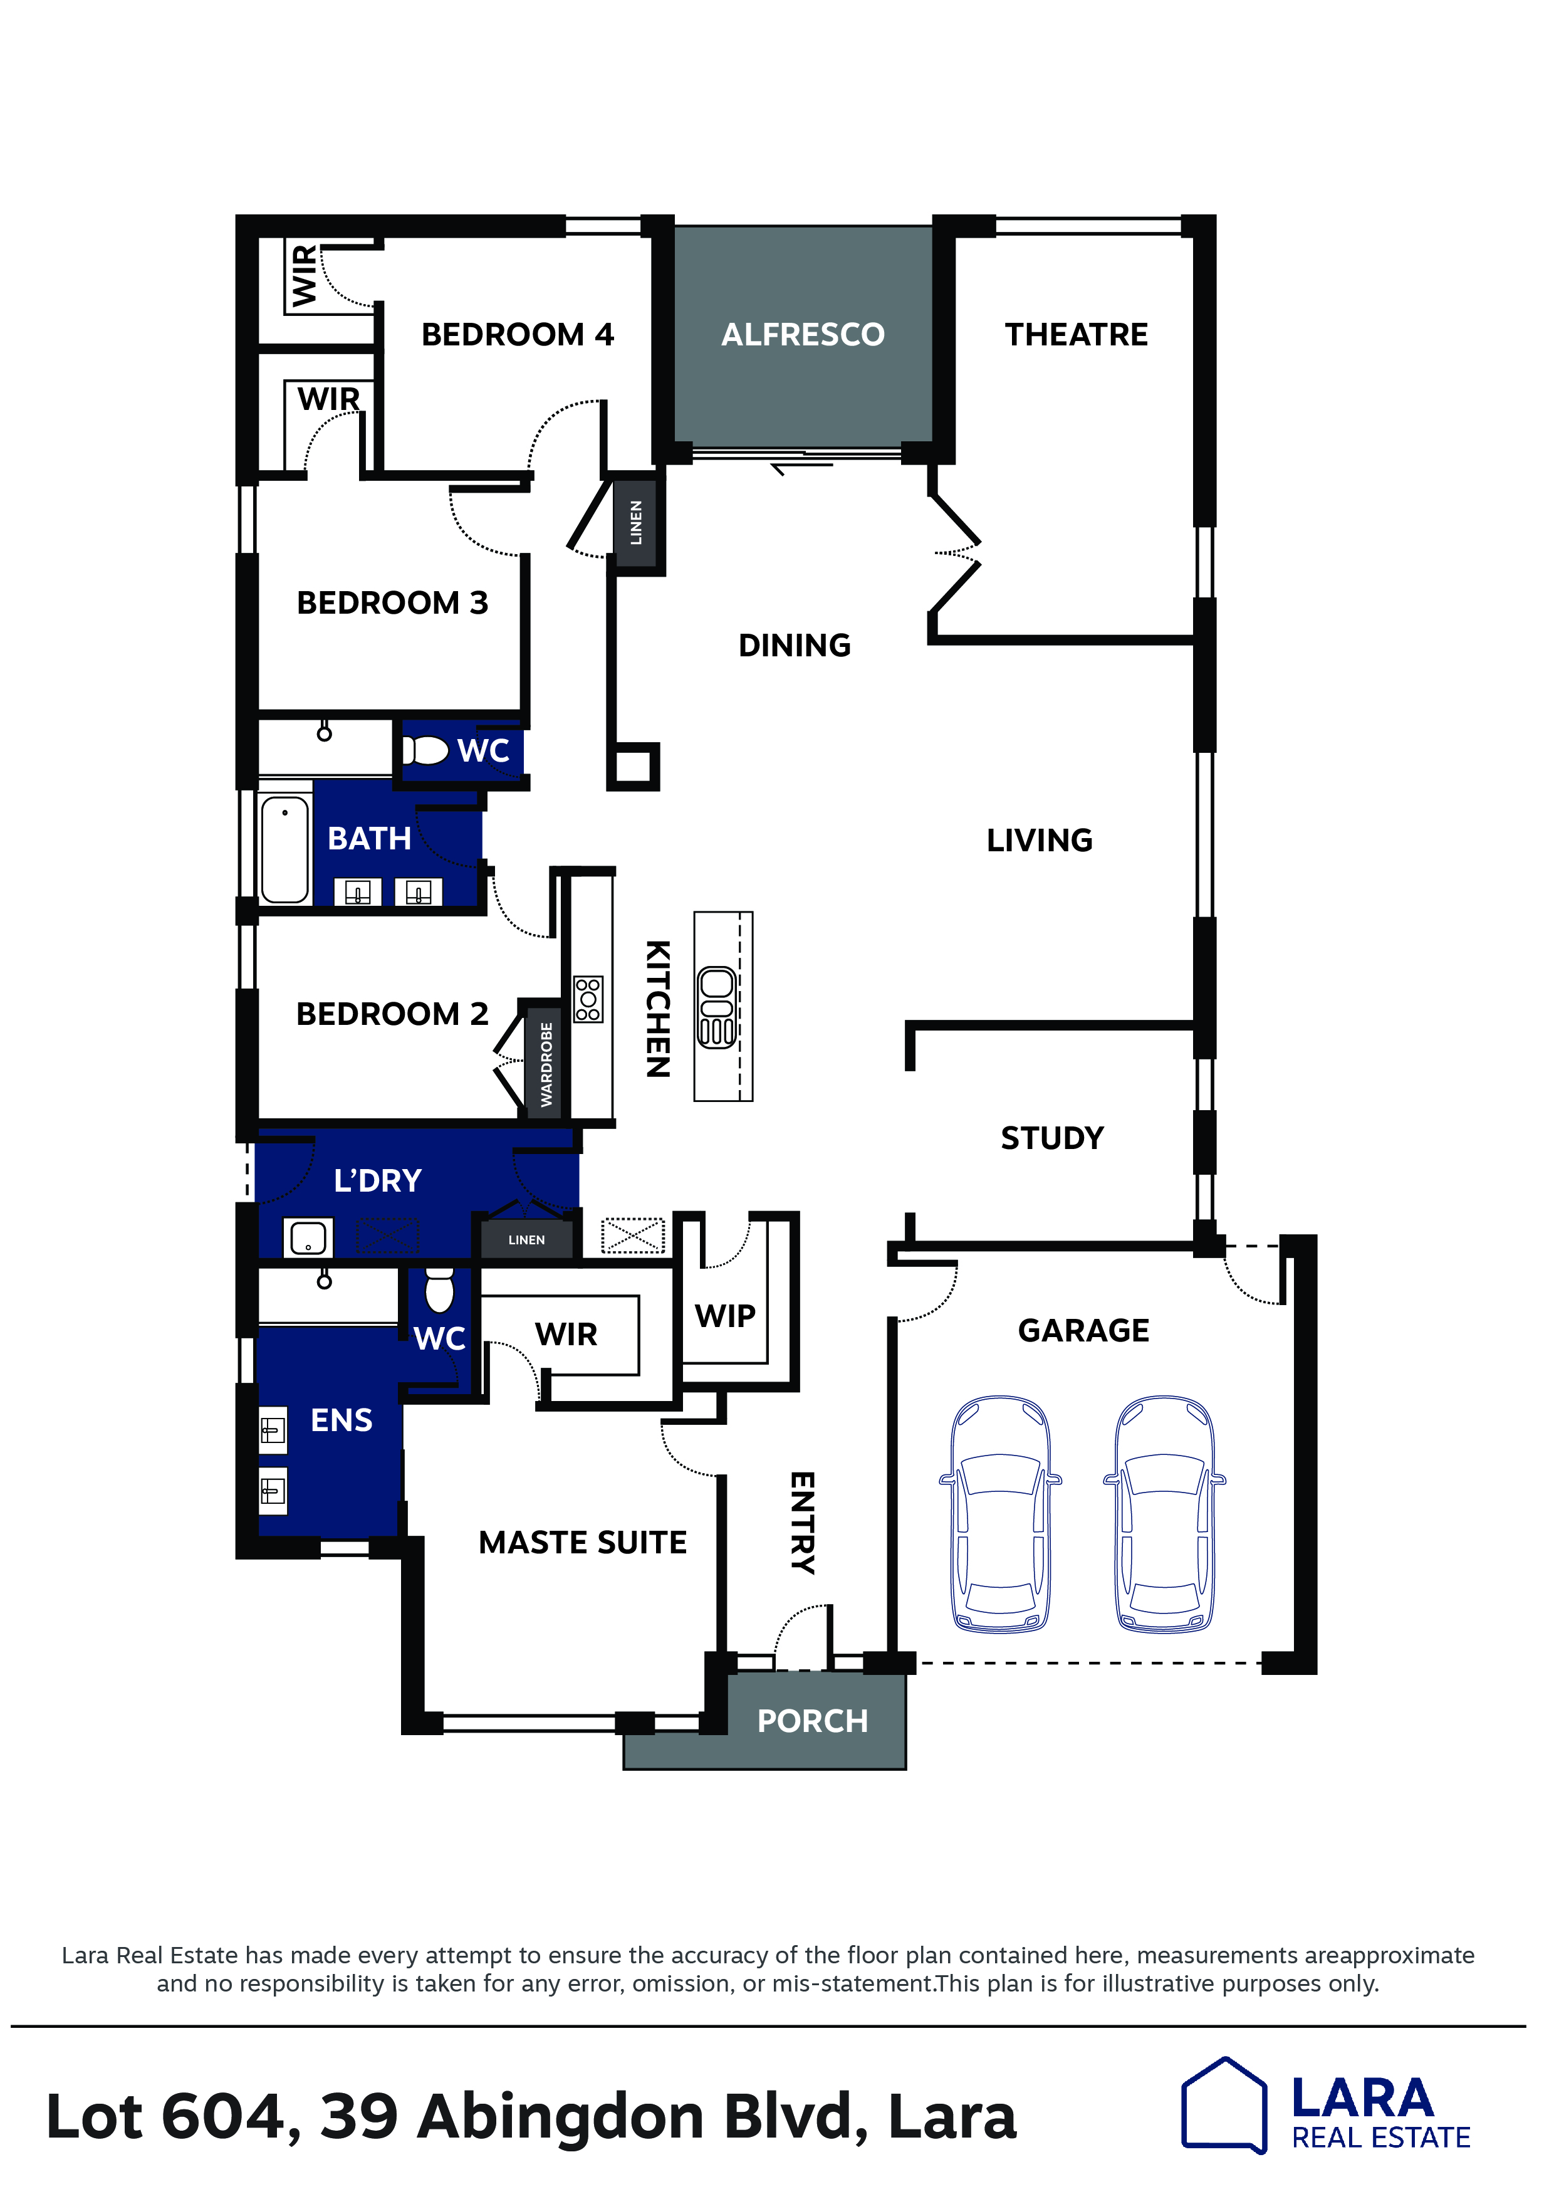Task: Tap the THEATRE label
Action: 1077,334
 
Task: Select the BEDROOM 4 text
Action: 517,334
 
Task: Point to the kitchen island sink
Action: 717,1007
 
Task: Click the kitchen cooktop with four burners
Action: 588,999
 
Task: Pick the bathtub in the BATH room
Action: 285,849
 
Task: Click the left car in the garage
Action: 1001,1513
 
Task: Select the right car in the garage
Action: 1164,1513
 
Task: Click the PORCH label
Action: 812,1721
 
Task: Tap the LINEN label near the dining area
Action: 636,522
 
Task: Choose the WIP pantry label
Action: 725,1316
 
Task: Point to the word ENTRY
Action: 802,1523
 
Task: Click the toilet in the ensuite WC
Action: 439,1290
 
